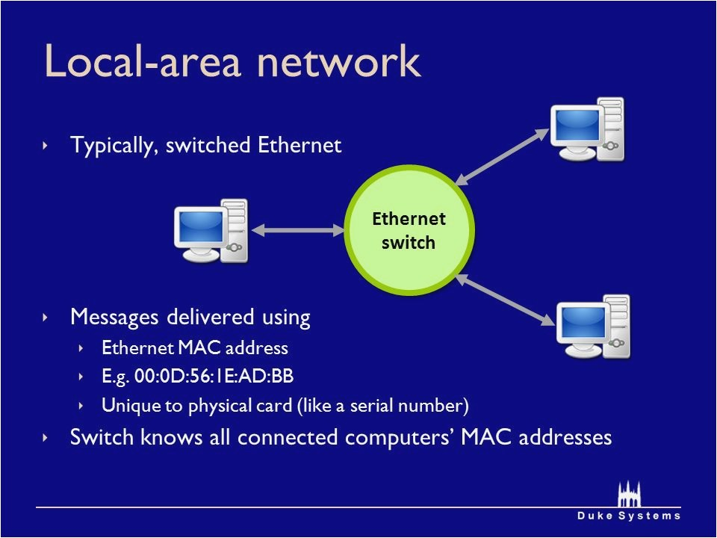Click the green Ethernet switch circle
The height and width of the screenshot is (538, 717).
(409, 232)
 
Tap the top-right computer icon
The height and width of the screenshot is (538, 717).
(587, 129)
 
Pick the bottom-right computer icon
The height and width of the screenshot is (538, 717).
(593, 327)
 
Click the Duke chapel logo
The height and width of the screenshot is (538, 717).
(629, 494)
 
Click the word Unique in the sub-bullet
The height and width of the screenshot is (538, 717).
(124, 406)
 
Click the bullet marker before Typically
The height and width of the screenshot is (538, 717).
(46, 145)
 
